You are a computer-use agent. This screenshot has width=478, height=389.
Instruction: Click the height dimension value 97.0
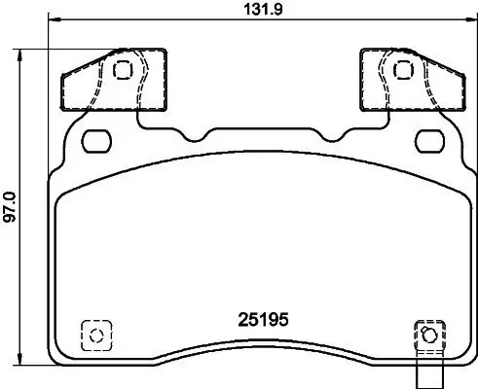click(x=10, y=207)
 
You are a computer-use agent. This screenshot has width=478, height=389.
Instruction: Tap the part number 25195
click(x=265, y=318)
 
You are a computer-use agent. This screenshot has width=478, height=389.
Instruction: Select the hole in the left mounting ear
click(x=123, y=69)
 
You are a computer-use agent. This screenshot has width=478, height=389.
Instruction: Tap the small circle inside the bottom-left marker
click(x=95, y=336)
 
